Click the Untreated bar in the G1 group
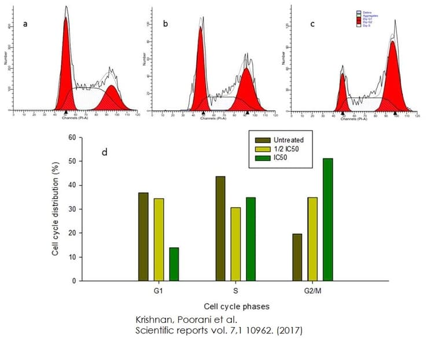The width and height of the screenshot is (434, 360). coord(144,237)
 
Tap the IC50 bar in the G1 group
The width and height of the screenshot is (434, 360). coord(174,264)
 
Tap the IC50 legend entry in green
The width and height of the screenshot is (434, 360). coord(283,158)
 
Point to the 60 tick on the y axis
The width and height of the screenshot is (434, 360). coord(72,138)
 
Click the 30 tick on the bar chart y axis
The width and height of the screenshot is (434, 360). coord(72,210)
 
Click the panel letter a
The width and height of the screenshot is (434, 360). coord(25,24)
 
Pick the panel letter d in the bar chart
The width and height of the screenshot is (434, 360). coord(104,153)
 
